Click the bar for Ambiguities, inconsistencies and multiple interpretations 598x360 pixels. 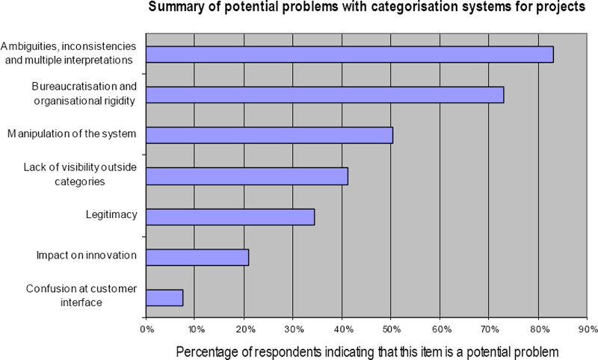[350, 55]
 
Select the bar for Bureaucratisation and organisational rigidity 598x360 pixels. [325, 95]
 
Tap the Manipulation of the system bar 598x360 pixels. [269, 135]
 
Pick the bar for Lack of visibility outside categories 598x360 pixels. [247, 176]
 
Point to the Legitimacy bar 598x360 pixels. [230, 217]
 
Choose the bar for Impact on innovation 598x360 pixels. [197, 257]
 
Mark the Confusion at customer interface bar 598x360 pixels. [164, 297]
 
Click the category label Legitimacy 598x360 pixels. [111, 215]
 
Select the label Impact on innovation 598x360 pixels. [87, 255]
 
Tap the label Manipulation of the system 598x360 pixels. [73, 134]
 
